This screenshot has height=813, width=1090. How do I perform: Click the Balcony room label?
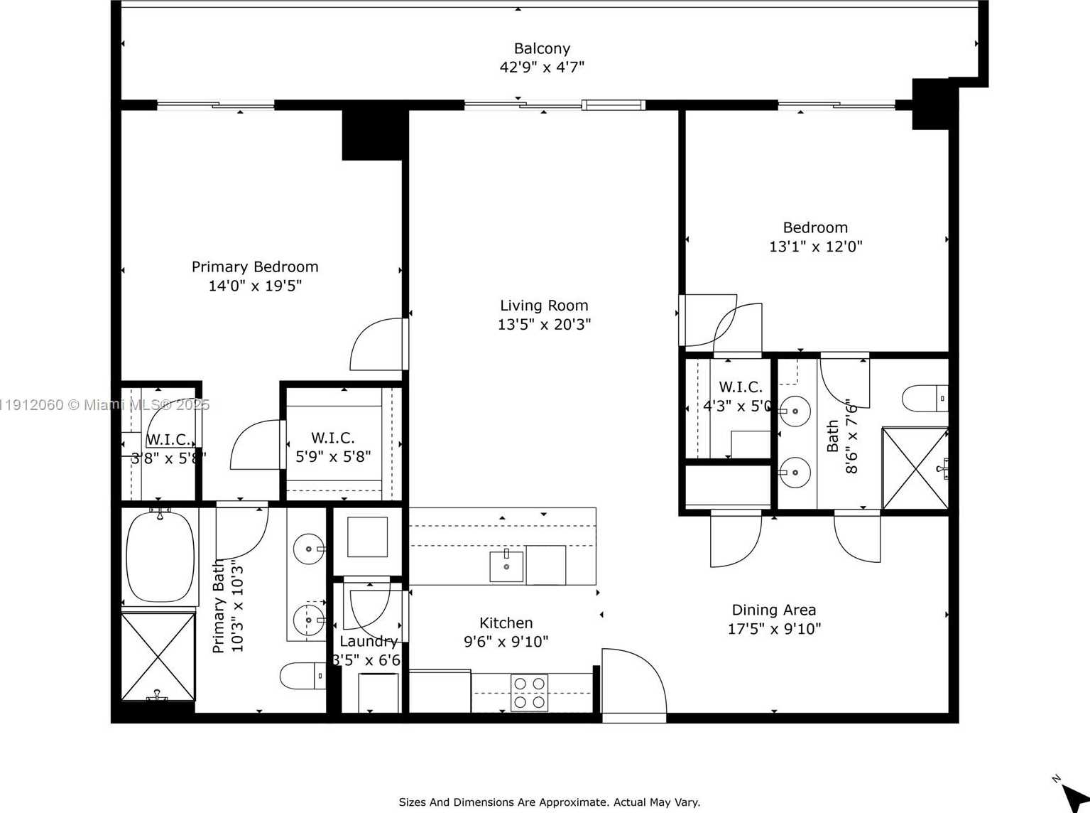tap(542, 48)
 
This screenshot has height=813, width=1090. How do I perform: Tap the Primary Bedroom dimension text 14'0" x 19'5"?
tap(255, 286)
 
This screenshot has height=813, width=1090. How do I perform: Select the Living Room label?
tap(544, 306)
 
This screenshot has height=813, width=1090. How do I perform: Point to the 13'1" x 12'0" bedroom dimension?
tap(815, 247)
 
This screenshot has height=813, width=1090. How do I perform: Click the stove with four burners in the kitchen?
tap(529, 692)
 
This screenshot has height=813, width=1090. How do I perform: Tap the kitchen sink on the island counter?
tap(506, 566)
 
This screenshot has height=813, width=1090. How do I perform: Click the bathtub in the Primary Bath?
tap(160, 556)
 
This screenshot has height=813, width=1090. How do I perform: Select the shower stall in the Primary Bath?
tap(158, 657)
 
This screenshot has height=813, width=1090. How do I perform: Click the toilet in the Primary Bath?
tap(303, 676)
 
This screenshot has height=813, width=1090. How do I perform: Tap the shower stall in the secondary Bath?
tap(915, 468)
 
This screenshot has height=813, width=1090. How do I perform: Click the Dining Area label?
tap(773, 610)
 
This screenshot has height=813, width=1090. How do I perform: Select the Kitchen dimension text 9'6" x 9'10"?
tap(506, 642)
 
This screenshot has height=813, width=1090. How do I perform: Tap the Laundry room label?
tap(368, 641)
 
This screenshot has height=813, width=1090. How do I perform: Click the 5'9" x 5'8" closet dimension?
tap(333, 456)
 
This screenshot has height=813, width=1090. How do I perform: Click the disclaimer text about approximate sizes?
tap(549, 802)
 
